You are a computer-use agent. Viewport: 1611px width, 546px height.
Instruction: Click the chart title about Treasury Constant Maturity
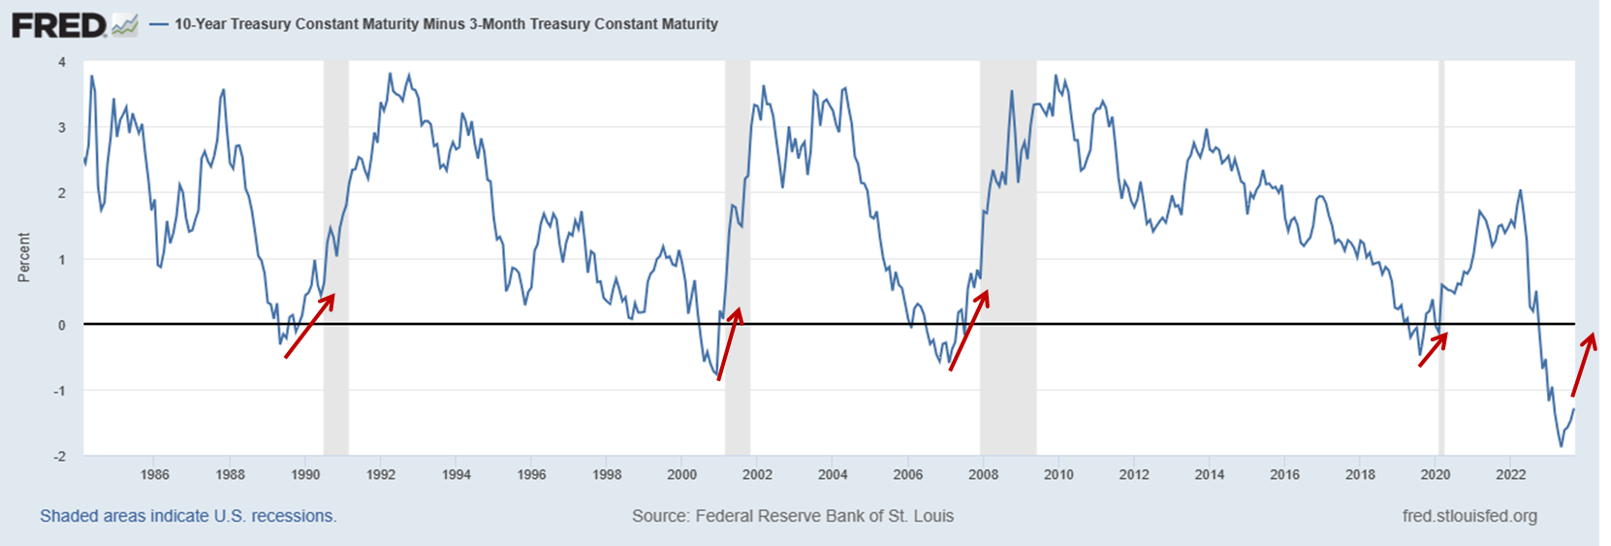coord(446,24)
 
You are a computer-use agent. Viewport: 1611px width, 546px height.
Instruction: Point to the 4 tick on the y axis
coord(62,62)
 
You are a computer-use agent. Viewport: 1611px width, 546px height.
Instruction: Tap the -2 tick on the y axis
coord(60,456)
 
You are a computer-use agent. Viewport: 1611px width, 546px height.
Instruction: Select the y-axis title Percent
coord(24,258)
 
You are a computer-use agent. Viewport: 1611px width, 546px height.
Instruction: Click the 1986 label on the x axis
coord(154,474)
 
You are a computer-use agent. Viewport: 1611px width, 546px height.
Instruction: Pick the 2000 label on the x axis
coord(681,474)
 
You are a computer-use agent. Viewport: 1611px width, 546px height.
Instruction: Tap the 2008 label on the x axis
coord(983,474)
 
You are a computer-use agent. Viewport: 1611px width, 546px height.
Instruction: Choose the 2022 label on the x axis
coord(1510,474)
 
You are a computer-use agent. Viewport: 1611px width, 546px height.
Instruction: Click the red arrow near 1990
coord(310,326)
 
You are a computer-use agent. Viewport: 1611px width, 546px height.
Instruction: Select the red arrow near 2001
coord(729,344)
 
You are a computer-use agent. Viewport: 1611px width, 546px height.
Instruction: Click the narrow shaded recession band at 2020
coord(1441,194)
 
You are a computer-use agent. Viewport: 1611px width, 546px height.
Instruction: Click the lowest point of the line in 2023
coord(1561,446)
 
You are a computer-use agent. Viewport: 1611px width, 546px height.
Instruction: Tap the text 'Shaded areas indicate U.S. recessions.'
coord(188,516)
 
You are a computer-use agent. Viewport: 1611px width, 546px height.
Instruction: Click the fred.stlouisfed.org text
coord(1469,516)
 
